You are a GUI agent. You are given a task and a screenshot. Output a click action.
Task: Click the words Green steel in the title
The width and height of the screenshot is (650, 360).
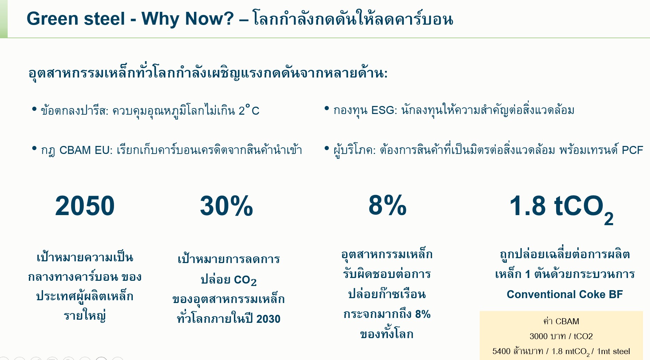point(75,18)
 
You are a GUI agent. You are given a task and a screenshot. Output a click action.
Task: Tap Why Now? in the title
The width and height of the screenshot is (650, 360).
point(188,19)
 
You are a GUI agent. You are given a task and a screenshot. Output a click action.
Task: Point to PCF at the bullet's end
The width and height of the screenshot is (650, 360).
point(632,150)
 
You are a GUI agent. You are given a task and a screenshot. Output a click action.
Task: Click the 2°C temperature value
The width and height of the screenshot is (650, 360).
point(249,110)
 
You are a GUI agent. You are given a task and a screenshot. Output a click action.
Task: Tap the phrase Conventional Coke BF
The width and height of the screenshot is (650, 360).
point(565,294)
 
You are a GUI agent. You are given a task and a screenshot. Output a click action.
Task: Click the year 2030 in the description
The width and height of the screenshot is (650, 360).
point(268,319)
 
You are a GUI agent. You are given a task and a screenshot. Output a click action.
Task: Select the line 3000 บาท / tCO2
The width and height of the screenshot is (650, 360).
point(561,336)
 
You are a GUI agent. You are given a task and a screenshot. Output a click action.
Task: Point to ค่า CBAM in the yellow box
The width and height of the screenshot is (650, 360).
point(561,321)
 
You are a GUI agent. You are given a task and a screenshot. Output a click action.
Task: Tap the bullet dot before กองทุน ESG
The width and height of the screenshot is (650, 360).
point(327,109)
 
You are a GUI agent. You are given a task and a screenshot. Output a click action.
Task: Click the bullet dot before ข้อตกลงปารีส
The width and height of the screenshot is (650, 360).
point(34,109)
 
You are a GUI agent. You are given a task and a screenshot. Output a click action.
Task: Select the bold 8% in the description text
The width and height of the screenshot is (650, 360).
point(423,314)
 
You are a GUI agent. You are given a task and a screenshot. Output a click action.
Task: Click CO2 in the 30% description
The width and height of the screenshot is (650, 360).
point(245,280)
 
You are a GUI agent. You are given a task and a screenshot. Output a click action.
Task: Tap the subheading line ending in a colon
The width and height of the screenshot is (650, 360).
point(208,73)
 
